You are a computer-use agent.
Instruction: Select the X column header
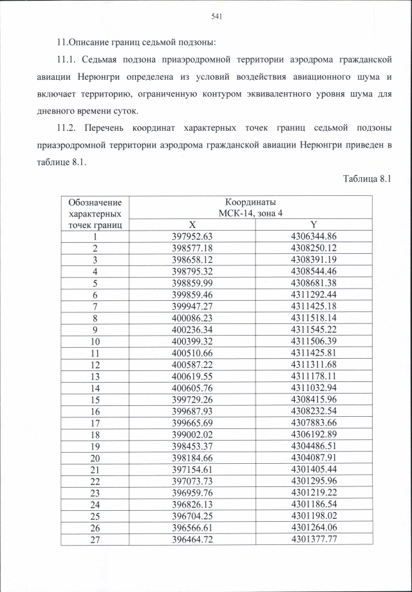(192, 225)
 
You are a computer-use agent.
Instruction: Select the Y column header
(314, 225)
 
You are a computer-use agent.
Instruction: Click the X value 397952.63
(192, 236)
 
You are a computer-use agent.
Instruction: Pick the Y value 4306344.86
(314, 236)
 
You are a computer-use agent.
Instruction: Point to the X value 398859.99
(192, 283)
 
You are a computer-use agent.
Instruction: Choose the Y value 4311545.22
(314, 329)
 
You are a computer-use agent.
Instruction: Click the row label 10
(95, 341)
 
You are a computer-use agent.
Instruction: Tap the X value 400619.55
(192, 376)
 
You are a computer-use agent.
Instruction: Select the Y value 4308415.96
(314, 399)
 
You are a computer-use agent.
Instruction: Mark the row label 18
(95, 434)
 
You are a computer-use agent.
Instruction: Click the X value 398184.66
(192, 457)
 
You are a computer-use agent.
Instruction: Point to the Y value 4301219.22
(314, 492)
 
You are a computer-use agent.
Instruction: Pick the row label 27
(95, 538)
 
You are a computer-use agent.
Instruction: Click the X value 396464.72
(192, 538)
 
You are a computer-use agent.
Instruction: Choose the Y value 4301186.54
(314, 503)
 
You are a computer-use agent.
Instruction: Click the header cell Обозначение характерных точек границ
(95, 213)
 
